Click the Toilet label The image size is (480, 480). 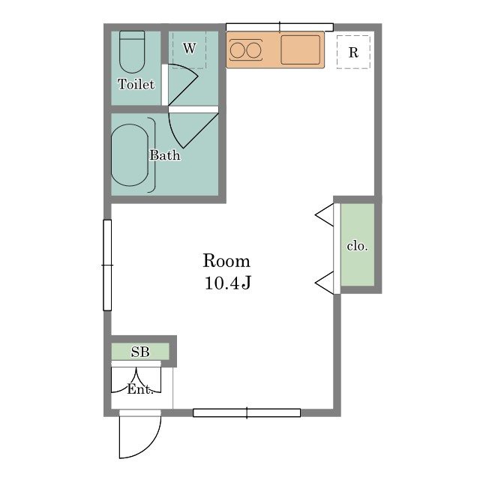tap(136, 84)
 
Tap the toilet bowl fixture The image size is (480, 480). tap(132, 52)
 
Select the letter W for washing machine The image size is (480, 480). tap(190, 48)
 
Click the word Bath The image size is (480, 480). tap(165, 155)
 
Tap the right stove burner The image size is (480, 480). tap(254, 50)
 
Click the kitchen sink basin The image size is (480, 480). tap(300, 50)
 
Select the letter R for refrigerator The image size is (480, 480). tap(353, 52)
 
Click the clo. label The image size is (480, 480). tap(357, 246)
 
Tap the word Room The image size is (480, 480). tap(226, 261)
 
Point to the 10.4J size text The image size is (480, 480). tap(228, 283)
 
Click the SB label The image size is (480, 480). tap(140, 352)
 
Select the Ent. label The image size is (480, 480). tap(140, 389)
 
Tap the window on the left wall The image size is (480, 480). tap(107, 265)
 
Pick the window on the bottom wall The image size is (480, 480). tap(247, 412)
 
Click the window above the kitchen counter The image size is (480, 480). tap(280, 27)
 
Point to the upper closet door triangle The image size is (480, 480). tap(325, 214)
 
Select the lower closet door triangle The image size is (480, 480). tap(325, 283)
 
